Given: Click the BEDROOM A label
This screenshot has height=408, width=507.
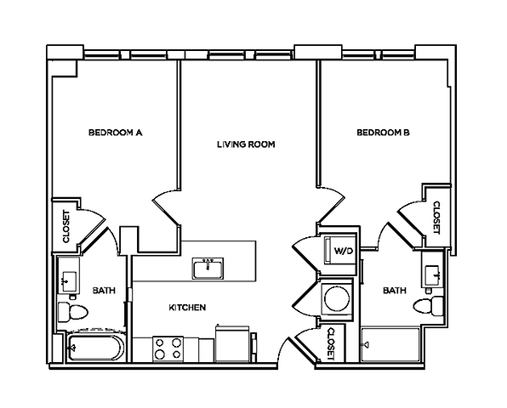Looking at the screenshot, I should [115, 133].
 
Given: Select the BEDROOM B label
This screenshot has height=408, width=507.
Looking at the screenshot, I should [383, 133].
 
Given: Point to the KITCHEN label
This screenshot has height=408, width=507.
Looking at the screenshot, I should [187, 308].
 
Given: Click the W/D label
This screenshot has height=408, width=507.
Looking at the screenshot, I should [344, 251].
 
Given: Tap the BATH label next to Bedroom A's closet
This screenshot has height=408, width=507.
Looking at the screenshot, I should [102, 291].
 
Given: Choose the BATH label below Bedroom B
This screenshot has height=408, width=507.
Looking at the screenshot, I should [394, 291].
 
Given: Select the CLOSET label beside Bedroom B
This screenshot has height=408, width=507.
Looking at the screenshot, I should [436, 218].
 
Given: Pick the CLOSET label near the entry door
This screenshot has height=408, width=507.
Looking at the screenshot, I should [330, 343].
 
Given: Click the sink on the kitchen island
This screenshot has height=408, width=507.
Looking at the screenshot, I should [208, 269].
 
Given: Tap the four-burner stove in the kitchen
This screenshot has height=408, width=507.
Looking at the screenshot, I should [168, 348].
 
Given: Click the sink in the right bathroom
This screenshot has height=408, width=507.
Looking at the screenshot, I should [432, 273].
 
